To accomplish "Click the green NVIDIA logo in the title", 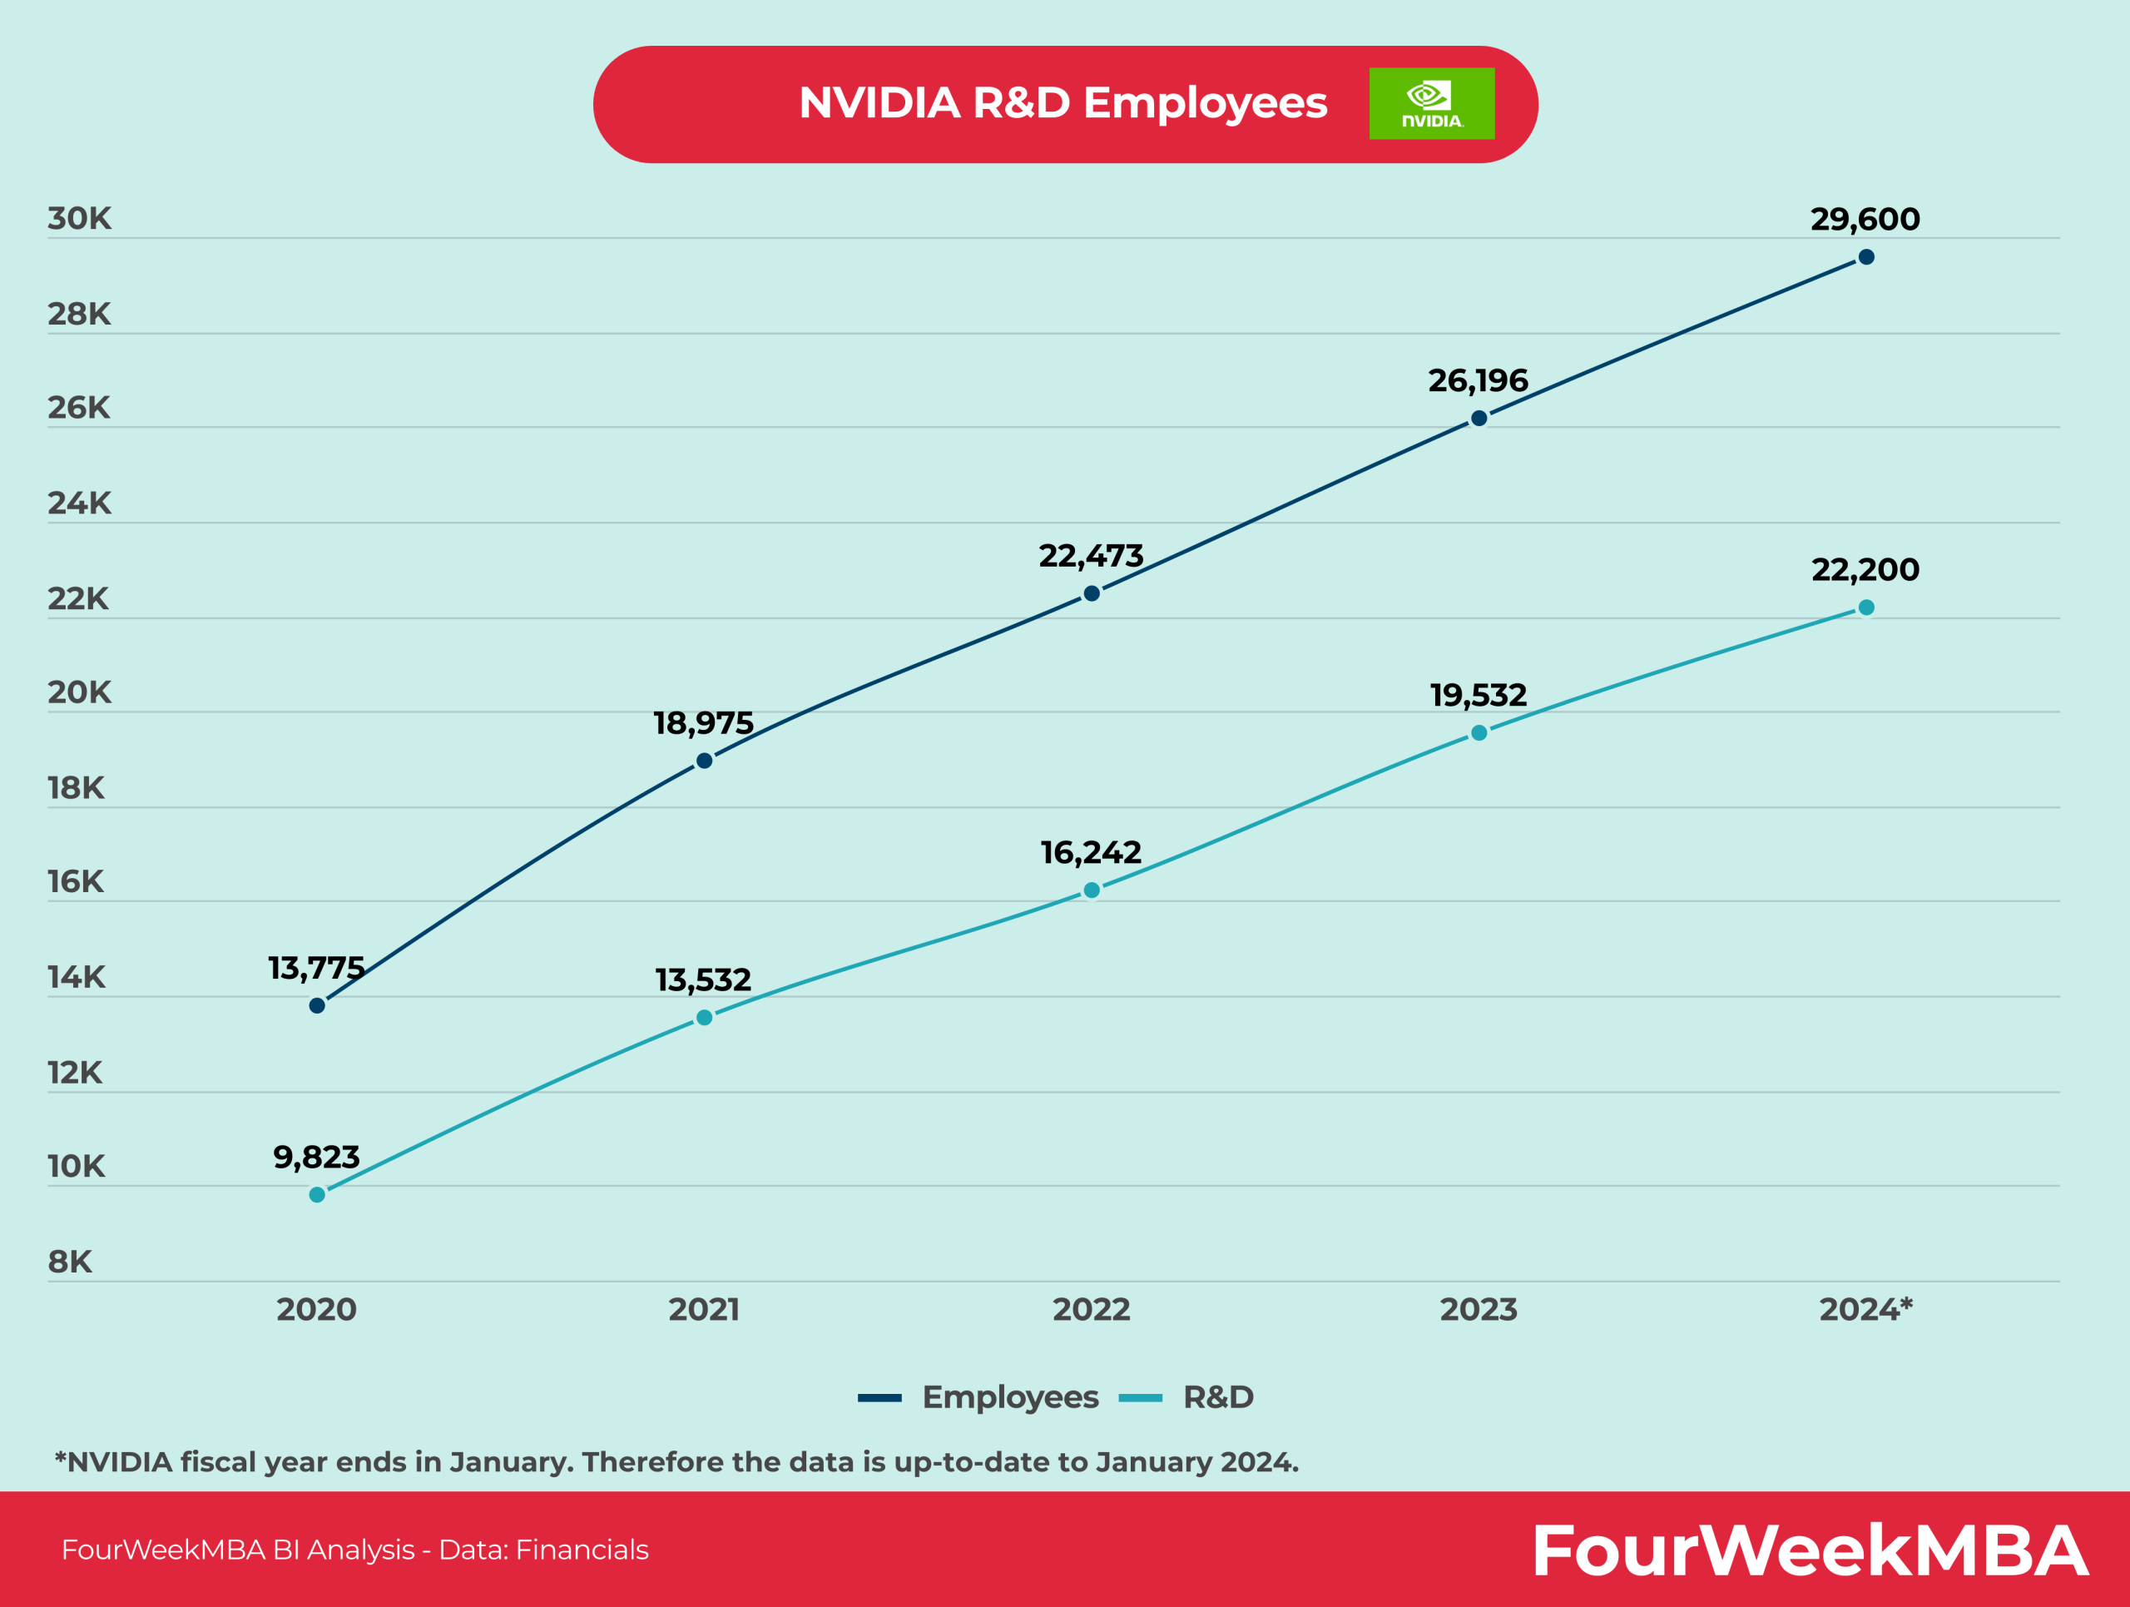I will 1431,103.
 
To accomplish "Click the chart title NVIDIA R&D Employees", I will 1063,103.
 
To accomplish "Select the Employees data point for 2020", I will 317,1005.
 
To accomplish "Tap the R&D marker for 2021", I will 704,1018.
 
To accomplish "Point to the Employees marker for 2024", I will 1865,257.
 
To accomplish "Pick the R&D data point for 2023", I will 1478,732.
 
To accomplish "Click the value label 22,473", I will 1090,556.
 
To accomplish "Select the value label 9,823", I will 316,1157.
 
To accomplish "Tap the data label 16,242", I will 1090,852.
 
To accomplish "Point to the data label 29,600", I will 1865,220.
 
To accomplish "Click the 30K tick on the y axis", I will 79,219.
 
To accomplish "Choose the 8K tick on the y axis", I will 69,1262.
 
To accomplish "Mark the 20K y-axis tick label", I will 79,692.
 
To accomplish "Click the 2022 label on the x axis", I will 1090,1309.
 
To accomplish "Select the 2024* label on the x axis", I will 1865,1309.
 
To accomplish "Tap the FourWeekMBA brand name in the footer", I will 1808,1551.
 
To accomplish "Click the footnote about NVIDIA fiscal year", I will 676,1461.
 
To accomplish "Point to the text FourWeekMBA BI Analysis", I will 237,1550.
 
